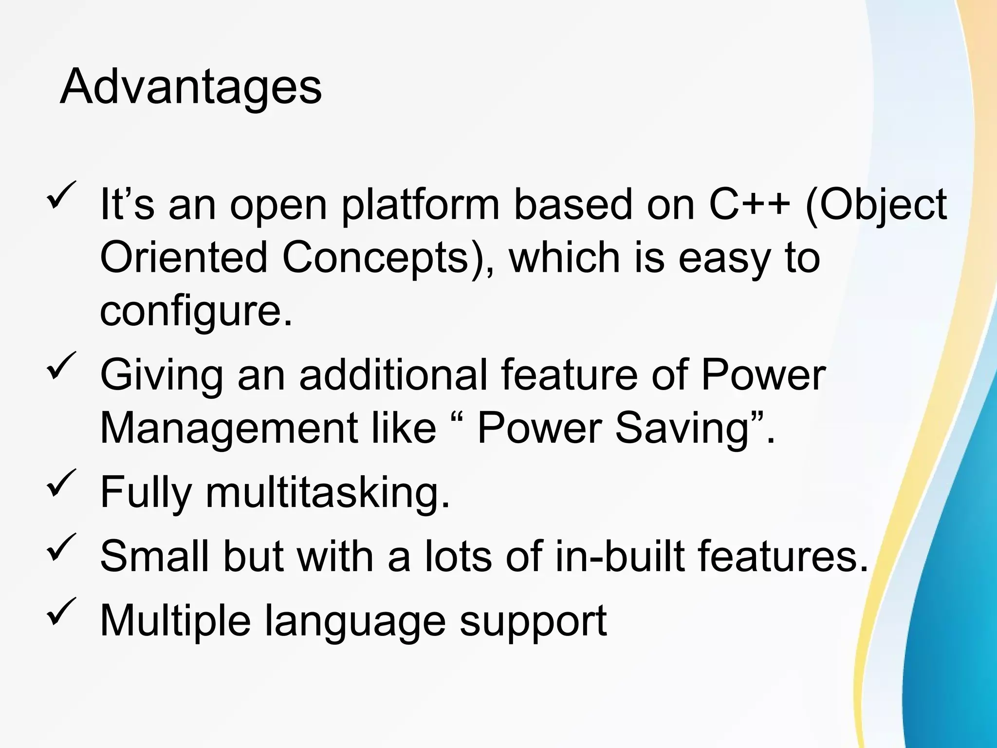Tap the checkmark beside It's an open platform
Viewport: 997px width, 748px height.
click(x=61, y=194)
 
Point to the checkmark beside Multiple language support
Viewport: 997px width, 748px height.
click(x=61, y=611)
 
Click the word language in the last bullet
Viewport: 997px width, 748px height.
click(x=355, y=621)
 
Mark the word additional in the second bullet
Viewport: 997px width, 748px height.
click(x=393, y=375)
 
